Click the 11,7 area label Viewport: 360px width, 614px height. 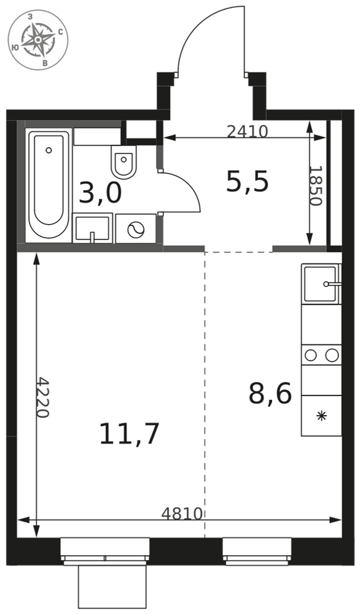point(129,434)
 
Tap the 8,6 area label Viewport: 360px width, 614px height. point(270,394)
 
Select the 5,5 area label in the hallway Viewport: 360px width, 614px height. point(247,182)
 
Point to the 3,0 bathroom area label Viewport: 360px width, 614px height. point(100,193)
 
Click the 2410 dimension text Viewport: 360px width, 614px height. point(247,131)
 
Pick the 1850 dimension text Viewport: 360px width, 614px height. point(315,185)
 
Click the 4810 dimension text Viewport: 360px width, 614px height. point(182,513)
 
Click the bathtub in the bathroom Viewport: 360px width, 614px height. point(49,185)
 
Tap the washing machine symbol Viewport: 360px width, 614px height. point(136,228)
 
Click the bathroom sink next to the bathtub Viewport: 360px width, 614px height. point(92,228)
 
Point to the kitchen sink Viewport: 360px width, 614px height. point(321,284)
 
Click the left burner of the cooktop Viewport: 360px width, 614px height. point(311,355)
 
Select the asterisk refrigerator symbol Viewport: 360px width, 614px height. point(321,416)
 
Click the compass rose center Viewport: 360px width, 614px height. point(38,40)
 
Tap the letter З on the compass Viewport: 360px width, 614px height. point(30,17)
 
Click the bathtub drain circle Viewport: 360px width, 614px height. point(49,150)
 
